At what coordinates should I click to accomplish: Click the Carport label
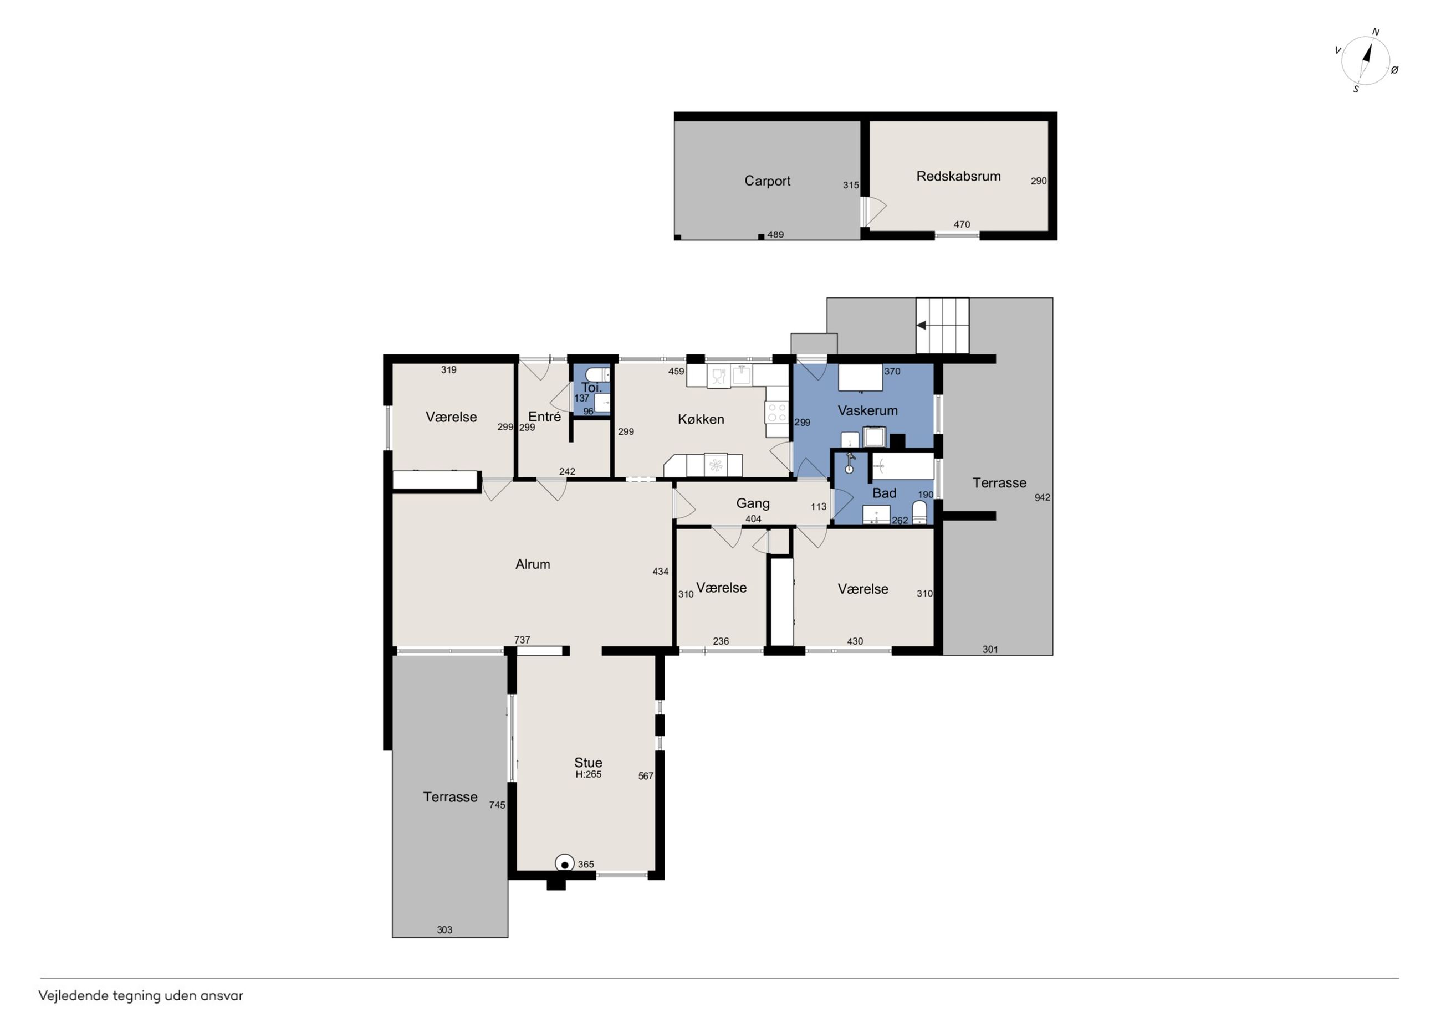[767, 181]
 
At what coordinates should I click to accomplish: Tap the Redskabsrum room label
[958, 176]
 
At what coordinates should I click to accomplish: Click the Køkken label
[701, 419]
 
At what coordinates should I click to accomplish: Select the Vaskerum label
[867, 410]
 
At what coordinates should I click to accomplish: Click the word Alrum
[532, 564]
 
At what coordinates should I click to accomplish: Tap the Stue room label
[588, 762]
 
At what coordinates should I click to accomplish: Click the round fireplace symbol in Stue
[565, 863]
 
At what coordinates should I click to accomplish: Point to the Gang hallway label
[753, 503]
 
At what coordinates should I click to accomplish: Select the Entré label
[544, 417]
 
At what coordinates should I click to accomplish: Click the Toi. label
[591, 388]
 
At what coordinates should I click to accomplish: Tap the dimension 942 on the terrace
[1042, 497]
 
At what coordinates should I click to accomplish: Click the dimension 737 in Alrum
[522, 640]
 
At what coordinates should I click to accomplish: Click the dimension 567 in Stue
[646, 776]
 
